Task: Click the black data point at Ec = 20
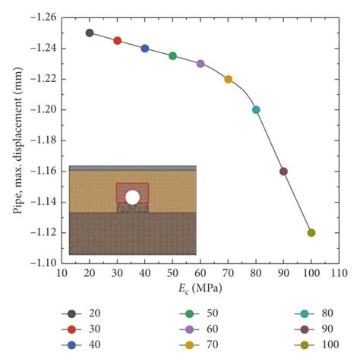pyautogui.click(x=90, y=33)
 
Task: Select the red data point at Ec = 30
pyautogui.click(x=117, y=41)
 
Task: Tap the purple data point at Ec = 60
pyautogui.click(x=201, y=64)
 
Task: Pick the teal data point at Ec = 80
pyautogui.click(x=256, y=110)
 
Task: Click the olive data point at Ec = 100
pyautogui.click(x=311, y=233)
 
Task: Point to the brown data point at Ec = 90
pyautogui.click(x=283, y=172)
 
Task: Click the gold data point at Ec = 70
pyautogui.click(x=228, y=79)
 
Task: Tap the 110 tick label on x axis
pyautogui.click(x=339, y=272)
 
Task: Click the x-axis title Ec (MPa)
pyautogui.click(x=201, y=287)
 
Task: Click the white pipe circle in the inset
pyautogui.click(x=132, y=197)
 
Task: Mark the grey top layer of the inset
pyautogui.click(x=132, y=168)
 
